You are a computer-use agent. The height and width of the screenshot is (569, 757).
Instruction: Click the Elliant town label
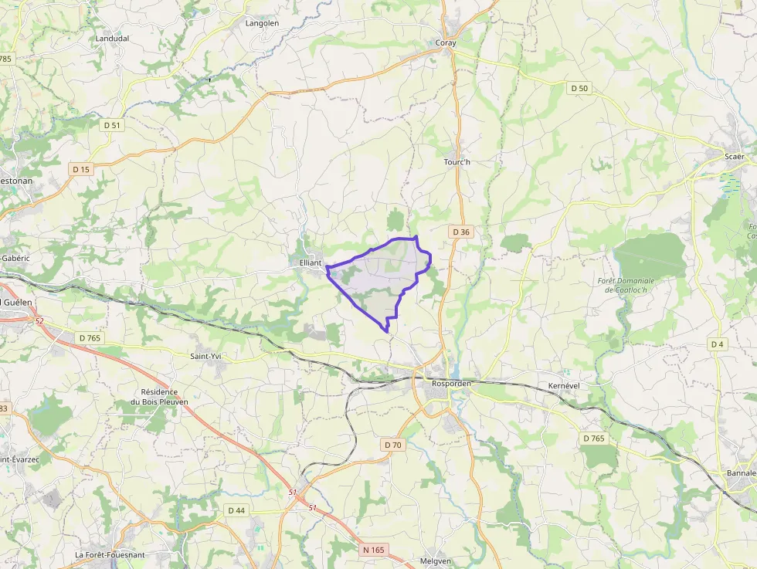pyautogui.click(x=310, y=262)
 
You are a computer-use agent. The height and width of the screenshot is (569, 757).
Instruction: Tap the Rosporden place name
pyautogui.click(x=452, y=384)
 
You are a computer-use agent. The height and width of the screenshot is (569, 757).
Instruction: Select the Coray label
pyautogui.click(x=446, y=43)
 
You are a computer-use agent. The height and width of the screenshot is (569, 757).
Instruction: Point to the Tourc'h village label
pyautogui.click(x=457, y=162)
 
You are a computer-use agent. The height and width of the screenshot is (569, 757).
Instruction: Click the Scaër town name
pyautogui.click(x=734, y=157)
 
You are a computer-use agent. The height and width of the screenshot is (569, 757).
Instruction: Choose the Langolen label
pyautogui.click(x=262, y=23)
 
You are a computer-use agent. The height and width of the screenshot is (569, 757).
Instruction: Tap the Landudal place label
pyautogui.click(x=111, y=38)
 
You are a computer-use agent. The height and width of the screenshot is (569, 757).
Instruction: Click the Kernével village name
pyautogui.click(x=563, y=385)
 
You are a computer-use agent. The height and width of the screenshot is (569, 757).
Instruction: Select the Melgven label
pyautogui.click(x=435, y=561)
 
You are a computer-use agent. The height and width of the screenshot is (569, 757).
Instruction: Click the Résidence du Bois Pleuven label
pyautogui.click(x=159, y=397)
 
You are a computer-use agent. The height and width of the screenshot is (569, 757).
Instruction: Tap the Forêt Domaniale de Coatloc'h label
pyautogui.click(x=626, y=285)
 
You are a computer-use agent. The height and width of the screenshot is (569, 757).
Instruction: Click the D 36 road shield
pyautogui.click(x=461, y=232)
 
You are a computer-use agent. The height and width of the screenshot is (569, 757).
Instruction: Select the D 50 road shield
pyautogui.click(x=579, y=89)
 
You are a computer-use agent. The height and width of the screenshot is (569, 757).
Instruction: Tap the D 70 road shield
pyautogui.click(x=392, y=445)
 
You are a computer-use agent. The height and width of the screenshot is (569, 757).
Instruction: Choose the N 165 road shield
pyautogui.click(x=373, y=550)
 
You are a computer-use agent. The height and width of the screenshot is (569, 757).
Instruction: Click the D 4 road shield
pyautogui.click(x=718, y=344)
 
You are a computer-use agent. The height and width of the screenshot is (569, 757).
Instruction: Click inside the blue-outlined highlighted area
pyautogui.click(x=378, y=278)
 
